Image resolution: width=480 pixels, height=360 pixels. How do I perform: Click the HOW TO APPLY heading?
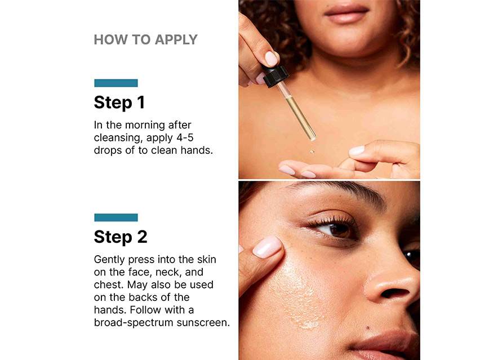point(146,40)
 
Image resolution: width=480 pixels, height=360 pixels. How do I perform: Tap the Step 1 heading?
point(119,102)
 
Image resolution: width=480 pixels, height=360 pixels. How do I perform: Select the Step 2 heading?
point(121,237)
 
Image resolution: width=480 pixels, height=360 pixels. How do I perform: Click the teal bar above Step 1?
point(116,83)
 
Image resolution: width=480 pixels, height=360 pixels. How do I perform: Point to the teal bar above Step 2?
point(116,217)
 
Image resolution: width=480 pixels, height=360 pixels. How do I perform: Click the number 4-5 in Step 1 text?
point(185,137)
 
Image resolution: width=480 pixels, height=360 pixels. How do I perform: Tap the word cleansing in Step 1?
point(118,138)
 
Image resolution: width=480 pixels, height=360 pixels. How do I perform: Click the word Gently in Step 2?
point(109,260)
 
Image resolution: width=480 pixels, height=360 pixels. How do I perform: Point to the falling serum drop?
point(312,151)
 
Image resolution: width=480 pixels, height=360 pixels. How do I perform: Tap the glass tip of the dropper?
point(312,138)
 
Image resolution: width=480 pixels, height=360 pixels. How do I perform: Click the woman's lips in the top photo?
point(346,14)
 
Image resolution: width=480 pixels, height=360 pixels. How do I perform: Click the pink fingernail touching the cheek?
point(266,247)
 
